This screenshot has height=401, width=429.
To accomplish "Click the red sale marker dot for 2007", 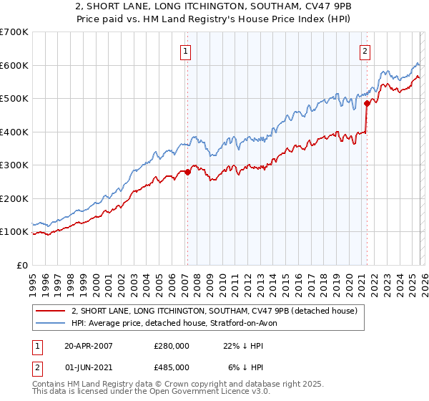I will click(187, 172).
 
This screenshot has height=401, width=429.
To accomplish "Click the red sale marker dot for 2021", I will click(366, 103).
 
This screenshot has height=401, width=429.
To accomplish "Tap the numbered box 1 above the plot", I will click(186, 51).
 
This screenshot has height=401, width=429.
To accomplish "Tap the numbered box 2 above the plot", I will click(365, 51).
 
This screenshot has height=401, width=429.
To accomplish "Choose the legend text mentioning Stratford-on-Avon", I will click(179, 323).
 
